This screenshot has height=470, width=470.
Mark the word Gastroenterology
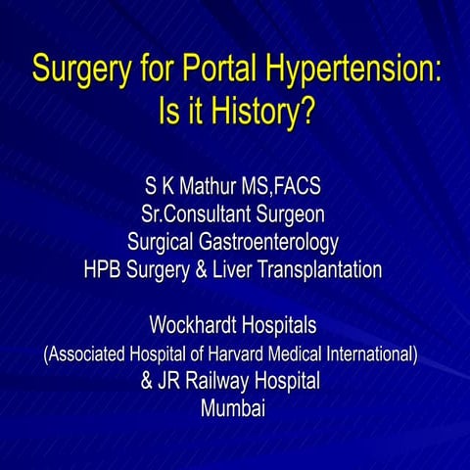point(269,241)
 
